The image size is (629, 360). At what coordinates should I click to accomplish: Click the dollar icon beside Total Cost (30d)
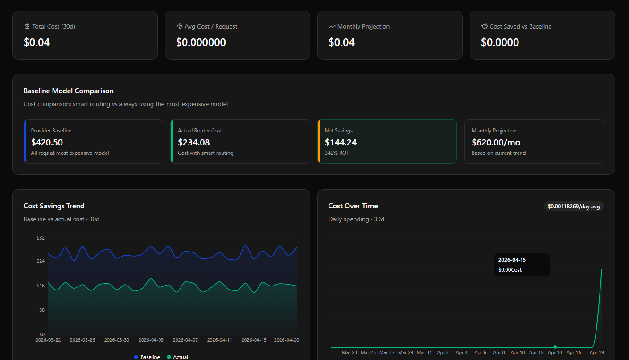click(27, 26)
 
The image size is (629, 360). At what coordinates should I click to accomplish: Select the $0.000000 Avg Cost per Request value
click(201, 42)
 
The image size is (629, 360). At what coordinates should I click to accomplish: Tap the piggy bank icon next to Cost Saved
click(484, 26)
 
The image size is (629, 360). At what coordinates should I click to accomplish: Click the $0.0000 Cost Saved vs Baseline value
click(500, 42)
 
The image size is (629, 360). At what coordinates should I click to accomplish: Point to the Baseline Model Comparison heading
click(68, 91)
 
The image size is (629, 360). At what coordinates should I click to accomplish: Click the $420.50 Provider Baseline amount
click(47, 142)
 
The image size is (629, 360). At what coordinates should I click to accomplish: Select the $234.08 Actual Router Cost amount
click(193, 142)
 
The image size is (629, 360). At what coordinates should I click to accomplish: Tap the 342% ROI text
click(336, 153)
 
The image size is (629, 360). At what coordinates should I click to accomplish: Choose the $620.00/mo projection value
click(496, 142)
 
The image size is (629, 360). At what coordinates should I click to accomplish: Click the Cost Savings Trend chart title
click(54, 206)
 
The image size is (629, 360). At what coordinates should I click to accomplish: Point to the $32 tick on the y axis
click(41, 238)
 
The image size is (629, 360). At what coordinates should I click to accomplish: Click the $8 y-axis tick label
click(42, 310)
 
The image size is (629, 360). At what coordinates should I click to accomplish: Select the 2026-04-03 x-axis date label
click(151, 340)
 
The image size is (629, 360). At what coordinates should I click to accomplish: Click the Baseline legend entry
click(147, 357)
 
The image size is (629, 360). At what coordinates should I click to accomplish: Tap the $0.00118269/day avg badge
click(574, 206)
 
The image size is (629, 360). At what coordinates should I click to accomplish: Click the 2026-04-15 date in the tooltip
click(511, 260)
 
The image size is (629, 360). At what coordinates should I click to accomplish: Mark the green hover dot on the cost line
click(555, 347)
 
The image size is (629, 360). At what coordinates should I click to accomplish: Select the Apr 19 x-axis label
click(597, 352)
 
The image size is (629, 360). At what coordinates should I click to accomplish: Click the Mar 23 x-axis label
click(349, 352)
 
